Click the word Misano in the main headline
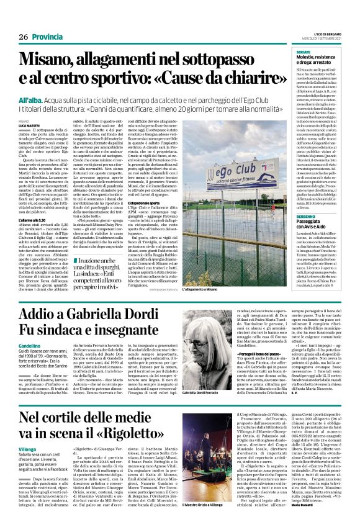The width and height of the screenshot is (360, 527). pos(53,60)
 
